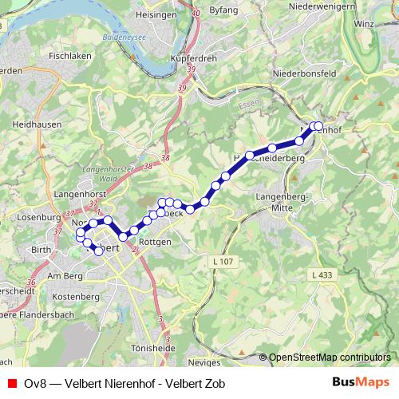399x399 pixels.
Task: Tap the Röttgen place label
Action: pyautogui.click(x=156, y=241)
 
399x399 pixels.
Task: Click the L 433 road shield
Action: pyautogui.click(x=321, y=275)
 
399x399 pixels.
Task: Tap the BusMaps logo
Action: pyautogui.click(x=361, y=382)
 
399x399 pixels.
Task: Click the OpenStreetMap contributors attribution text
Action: pyautogui.click(x=329, y=358)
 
